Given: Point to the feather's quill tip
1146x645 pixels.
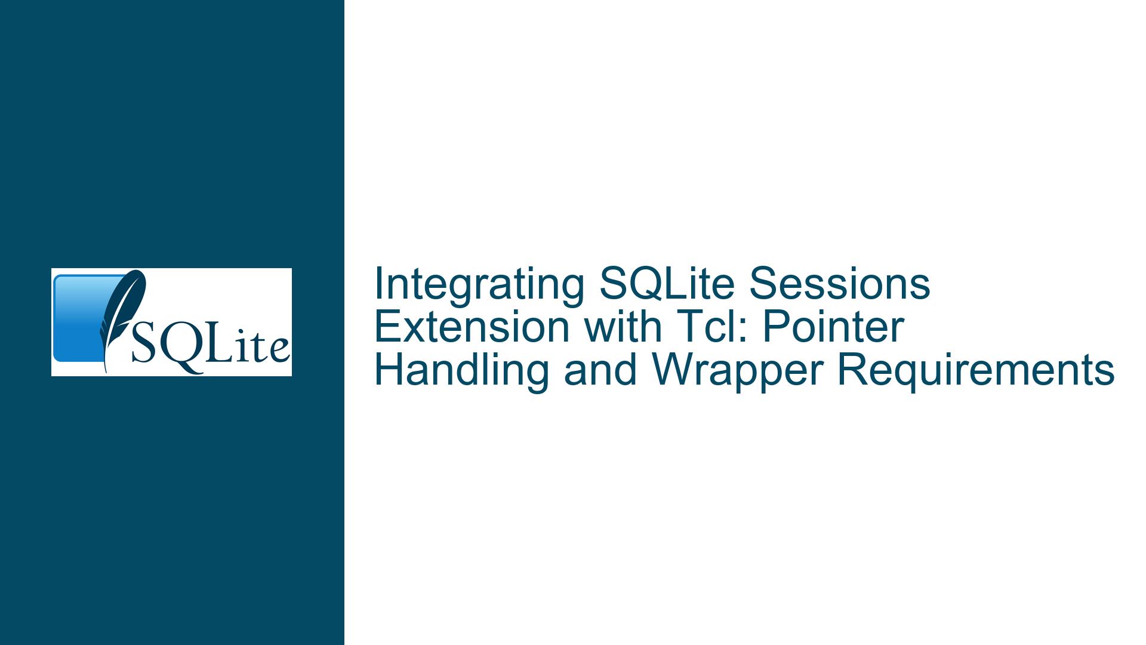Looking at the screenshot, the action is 106,371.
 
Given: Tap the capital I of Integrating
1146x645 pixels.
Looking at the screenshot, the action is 378,284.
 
